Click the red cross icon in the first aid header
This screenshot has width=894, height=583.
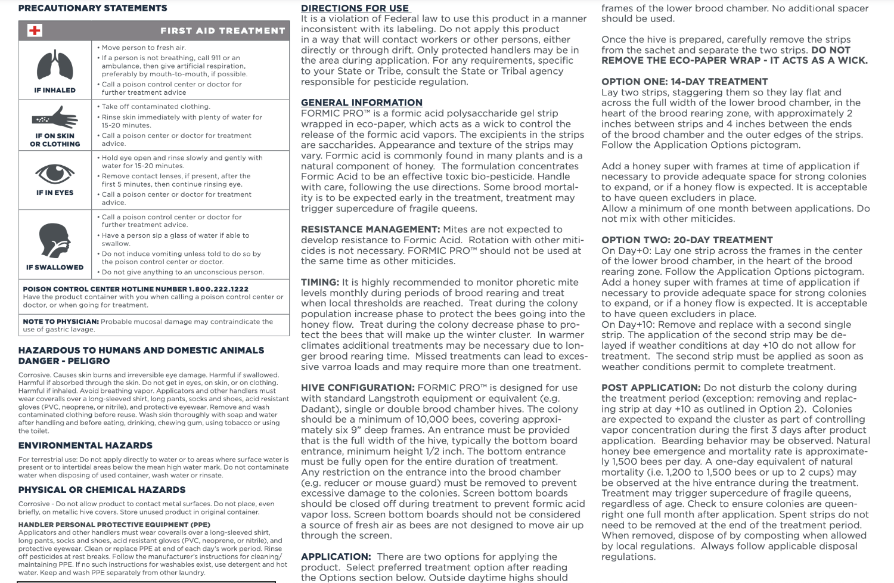pyautogui.click(x=35, y=30)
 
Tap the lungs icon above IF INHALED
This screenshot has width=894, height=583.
pyautogui.click(x=55, y=66)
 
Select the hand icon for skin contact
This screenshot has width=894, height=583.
pyautogui.click(x=55, y=117)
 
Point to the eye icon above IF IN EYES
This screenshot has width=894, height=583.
pyautogui.click(x=55, y=174)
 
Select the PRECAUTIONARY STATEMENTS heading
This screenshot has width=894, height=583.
pyautogui.click(x=92, y=8)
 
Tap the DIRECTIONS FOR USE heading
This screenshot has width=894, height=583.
pyautogui.click(x=355, y=8)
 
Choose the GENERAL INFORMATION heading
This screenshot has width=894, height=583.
pyautogui.click(x=361, y=103)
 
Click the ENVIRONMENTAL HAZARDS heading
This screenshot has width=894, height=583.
pyautogui.click(x=85, y=445)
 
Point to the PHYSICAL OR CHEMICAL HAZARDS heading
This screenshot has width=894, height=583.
pyautogui.click(x=102, y=490)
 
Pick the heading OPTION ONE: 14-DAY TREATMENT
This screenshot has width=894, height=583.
pyautogui.click(x=684, y=82)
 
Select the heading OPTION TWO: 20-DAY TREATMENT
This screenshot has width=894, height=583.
pyautogui.click(x=687, y=240)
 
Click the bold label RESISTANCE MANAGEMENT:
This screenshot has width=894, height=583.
pyautogui.click(x=370, y=230)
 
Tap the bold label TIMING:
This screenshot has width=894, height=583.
pyautogui.click(x=319, y=283)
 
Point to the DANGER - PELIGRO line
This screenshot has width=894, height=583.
pyautogui.click(x=64, y=361)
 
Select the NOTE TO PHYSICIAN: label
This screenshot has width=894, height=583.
pyautogui.click(x=61, y=322)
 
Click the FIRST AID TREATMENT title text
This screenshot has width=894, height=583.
pyautogui.click(x=222, y=30)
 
